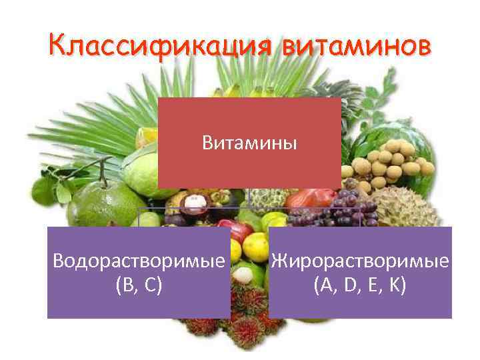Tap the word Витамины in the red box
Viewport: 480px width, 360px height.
[x=249, y=143]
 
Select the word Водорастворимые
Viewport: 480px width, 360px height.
[x=138, y=261]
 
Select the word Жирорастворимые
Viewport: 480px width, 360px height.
[x=361, y=261]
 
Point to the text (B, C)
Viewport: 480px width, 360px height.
[x=138, y=286]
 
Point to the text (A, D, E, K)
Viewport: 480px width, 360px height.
[x=361, y=286]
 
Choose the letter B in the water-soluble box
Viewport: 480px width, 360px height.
[x=125, y=286]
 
